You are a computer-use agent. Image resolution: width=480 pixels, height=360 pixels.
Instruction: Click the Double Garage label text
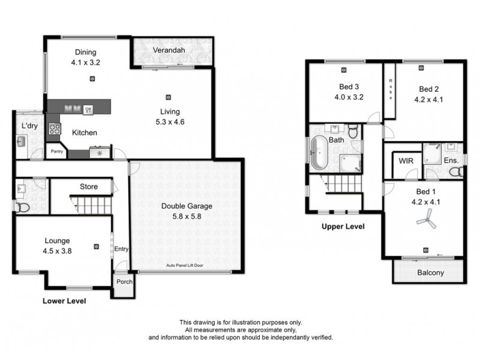[x=187, y=206]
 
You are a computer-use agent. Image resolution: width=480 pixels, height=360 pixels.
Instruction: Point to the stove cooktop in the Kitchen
[x=54, y=128]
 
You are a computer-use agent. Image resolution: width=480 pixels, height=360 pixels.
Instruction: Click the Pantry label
[x=57, y=152]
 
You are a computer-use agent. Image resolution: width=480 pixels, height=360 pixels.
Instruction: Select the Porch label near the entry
[x=124, y=281]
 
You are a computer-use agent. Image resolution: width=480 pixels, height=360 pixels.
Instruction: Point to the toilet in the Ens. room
[x=455, y=173]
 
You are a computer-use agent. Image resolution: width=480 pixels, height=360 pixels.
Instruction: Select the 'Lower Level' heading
[x=64, y=301]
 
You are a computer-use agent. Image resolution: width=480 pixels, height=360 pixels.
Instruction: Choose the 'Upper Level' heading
[x=343, y=227]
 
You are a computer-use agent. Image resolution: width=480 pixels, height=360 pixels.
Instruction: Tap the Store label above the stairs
[x=89, y=187]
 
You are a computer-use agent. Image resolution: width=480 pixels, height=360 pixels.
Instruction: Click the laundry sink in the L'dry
[x=21, y=142]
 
